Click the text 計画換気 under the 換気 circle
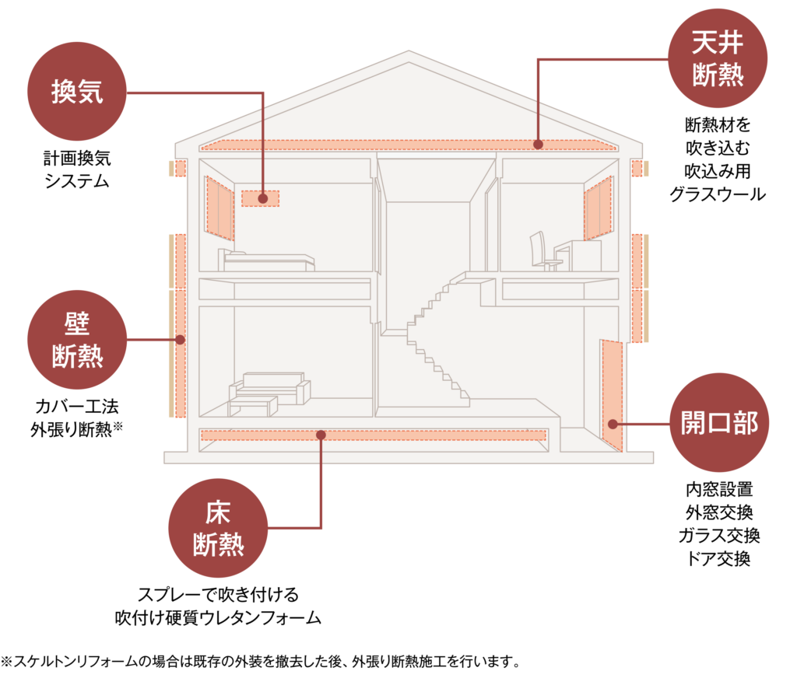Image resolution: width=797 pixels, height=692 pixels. pos(76,159)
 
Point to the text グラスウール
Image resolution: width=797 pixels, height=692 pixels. pos(718,194)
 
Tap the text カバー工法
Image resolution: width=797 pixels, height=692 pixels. pos(76,406)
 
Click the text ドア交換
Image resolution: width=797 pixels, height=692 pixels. pos(718,558)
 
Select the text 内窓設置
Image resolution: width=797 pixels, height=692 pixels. pos(718,490)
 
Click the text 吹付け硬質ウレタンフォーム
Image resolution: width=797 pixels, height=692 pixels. pos(218,617)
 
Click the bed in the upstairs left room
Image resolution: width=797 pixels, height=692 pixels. pos(269,260)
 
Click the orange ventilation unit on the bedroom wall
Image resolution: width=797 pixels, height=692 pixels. pos(260,198)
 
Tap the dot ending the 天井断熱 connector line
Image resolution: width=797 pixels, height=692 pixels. pos(538,144)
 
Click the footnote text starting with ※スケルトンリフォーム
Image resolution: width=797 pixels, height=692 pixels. pos(260,662)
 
